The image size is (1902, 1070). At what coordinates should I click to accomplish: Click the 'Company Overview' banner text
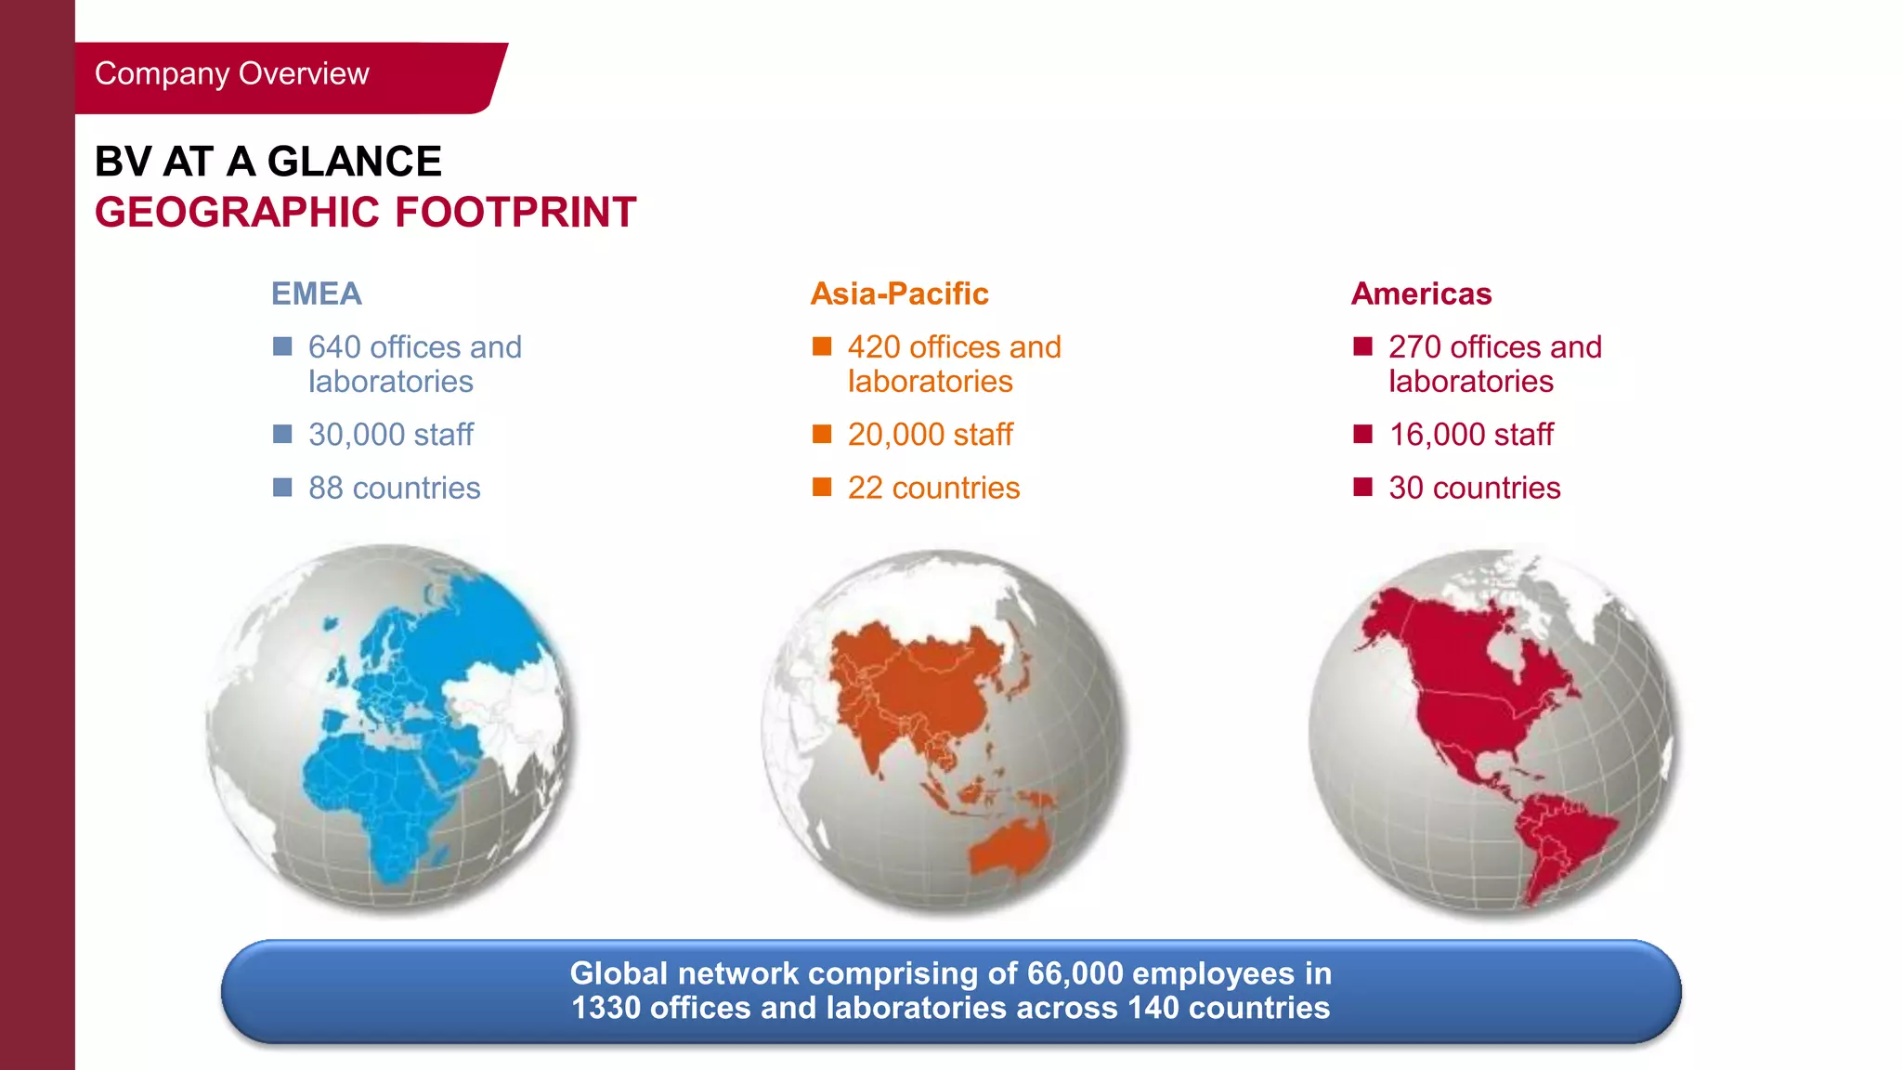pos(231,73)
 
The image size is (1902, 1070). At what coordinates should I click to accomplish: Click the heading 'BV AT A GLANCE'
pos(267,162)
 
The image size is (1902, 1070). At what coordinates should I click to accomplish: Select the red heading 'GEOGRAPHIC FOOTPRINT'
pos(365,212)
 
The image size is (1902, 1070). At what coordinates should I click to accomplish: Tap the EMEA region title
pos(316,294)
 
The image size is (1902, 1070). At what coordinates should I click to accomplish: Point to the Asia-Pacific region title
pos(899,294)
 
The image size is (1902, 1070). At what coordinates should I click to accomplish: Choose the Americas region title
pos(1421,294)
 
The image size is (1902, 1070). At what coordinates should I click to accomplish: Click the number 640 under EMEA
pos(334,347)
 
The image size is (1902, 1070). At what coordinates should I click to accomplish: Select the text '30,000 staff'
pos(390,435)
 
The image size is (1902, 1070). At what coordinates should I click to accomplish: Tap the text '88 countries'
pos(394,488)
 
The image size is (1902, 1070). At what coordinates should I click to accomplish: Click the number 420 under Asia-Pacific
pos(874,347)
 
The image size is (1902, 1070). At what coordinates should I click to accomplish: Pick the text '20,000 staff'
pos(930,435)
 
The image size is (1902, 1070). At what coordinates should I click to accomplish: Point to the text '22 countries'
pos(933,488)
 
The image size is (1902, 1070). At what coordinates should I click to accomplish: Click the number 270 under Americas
pos(1414,347)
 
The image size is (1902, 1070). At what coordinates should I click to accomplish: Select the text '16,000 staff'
pos(1471,435)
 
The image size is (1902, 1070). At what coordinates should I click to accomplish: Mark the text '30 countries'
pos(1474,488)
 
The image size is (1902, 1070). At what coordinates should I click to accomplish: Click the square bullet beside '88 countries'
pos(282,488)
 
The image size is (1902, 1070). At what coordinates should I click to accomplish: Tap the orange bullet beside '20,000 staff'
pos(822,434)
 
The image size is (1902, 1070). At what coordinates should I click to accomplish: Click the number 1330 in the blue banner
pos(606,1008)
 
